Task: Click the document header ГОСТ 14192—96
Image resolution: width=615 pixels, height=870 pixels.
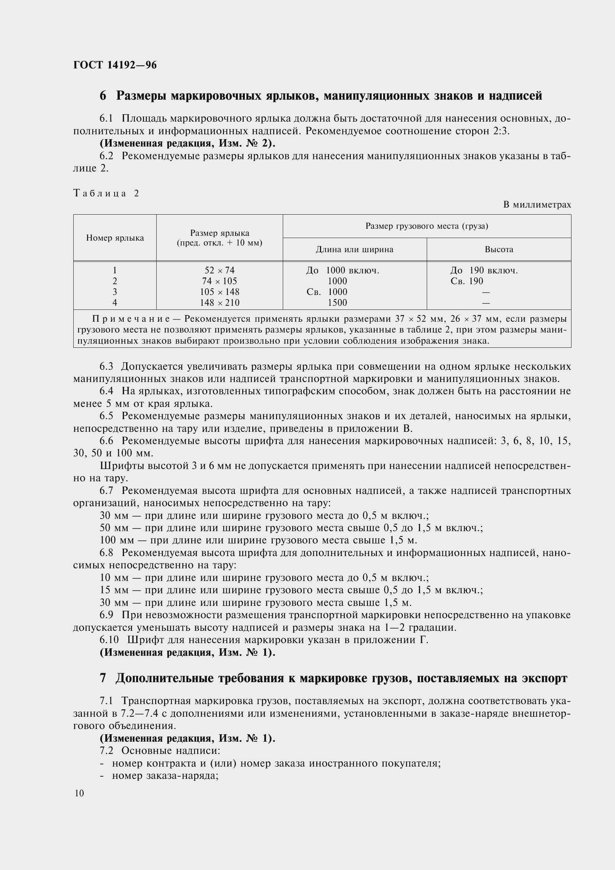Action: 115,65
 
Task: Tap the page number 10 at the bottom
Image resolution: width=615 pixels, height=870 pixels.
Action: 79,793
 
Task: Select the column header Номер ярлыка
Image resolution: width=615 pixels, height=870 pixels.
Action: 115,238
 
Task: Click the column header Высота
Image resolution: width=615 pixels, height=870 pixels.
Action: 499,249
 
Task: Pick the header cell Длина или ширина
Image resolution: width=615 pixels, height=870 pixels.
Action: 354,249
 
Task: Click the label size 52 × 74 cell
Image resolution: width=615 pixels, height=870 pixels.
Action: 220,270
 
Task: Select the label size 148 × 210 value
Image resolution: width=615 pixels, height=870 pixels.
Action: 220,302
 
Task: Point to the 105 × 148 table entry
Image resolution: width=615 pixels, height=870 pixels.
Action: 220,292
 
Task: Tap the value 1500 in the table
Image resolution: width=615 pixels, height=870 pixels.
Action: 337,302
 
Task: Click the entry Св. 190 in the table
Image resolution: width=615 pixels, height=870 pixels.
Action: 467,281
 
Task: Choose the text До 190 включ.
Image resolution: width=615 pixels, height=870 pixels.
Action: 484,270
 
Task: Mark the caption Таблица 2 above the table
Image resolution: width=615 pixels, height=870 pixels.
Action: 106,193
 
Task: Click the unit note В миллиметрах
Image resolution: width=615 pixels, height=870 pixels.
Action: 536,205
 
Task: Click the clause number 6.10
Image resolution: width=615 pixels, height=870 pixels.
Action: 109,640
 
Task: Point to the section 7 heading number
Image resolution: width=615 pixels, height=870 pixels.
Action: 103,678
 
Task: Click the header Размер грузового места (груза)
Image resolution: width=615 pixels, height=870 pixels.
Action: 427,226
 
